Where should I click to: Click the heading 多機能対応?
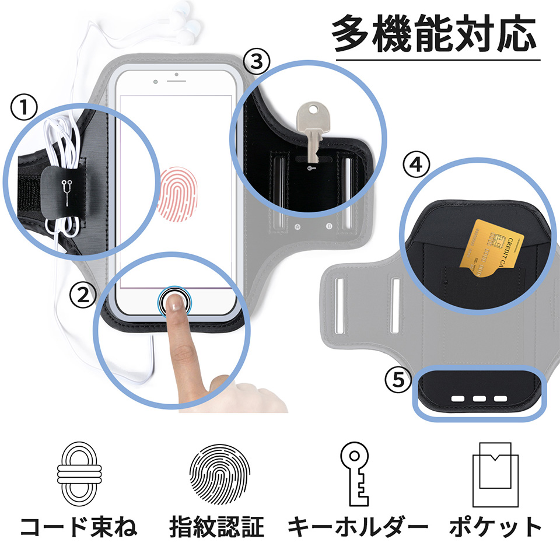click(x=434, y=34)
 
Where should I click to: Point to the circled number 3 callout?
click(x=258, y=60)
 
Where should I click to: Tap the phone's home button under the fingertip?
click(x=175, y=300)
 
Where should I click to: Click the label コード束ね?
click(x=79, y=527)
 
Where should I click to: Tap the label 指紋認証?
click(x=217, y=527)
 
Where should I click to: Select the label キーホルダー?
click(x=358, y=527)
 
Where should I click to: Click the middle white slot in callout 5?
click(x=480, y=399)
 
